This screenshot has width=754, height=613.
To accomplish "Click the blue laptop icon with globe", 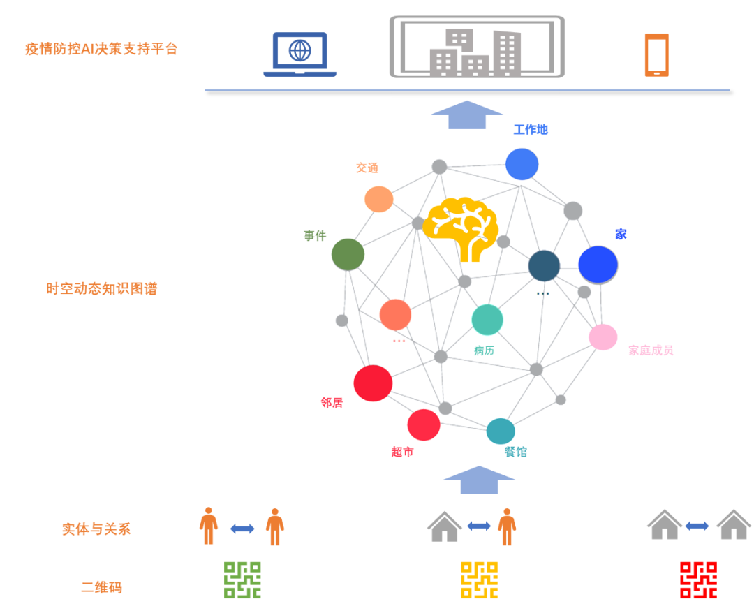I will coord(300,54).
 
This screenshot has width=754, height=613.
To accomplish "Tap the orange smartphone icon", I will coord(656,54).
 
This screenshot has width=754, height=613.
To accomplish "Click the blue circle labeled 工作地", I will coord(522,164).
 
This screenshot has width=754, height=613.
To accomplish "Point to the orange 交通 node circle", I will coord(378,199).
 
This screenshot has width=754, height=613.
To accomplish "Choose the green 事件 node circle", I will coord(348,254).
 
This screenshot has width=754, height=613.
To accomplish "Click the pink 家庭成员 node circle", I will coord(603,337).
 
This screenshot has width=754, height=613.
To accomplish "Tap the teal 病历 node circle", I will coord(487,320).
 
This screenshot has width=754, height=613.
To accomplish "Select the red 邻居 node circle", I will coord(373,383).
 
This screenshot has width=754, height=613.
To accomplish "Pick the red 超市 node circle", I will coord(424,424).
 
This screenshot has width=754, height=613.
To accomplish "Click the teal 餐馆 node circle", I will coord(501,431).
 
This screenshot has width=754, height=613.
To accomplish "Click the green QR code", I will coord(242,580).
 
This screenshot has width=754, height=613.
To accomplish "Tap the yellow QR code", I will coord(479,580).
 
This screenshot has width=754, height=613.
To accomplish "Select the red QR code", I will coord(698,580).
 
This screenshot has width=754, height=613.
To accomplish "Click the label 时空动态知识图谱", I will coord(102,288).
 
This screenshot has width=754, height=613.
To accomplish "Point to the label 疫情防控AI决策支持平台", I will coord(102,49).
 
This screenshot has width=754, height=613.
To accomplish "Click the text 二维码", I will coord(102,588).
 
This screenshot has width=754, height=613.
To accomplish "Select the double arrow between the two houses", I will coord(697,526).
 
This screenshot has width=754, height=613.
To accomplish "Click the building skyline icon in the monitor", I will coord(475,52).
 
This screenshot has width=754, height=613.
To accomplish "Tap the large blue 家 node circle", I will coord(598,265).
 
